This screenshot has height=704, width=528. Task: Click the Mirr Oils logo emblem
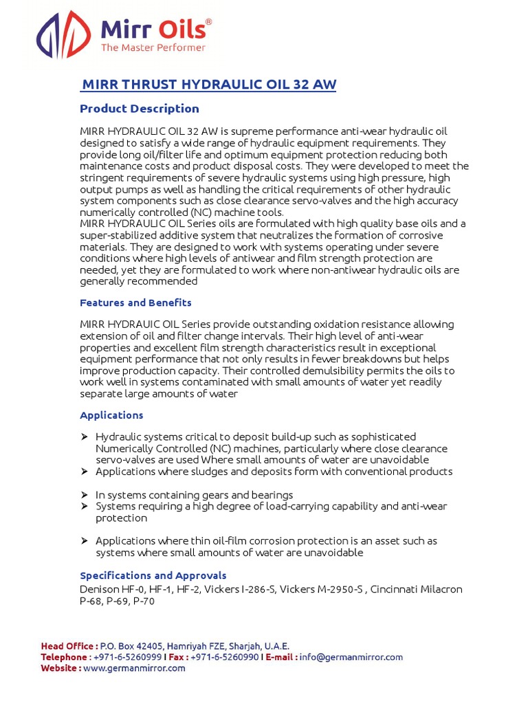(63, 34)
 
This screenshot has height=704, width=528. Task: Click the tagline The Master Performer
(153, 47)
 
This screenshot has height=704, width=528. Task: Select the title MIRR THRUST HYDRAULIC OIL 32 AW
(209, 85)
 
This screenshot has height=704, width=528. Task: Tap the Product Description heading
(140, 109)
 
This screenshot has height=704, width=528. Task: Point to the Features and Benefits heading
(135, 302)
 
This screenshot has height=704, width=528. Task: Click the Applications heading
(111, 415)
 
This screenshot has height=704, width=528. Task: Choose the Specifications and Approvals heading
(153, 575)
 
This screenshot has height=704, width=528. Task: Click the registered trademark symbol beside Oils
(209, 22)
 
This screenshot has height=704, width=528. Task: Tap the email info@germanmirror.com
(351, 657)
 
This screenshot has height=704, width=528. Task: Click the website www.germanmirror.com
(134, 668)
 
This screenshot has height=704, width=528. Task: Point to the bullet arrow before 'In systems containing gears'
(84, 495)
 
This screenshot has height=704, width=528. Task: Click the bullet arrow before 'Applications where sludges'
(84, 472)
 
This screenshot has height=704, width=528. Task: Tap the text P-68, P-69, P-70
(118, 601)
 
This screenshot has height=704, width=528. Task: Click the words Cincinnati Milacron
(417, 590)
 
